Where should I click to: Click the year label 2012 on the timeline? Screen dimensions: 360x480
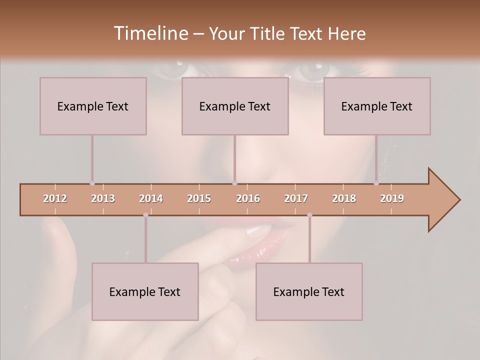55,198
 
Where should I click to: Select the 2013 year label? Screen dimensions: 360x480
103,198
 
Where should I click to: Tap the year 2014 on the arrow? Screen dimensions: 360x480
151,198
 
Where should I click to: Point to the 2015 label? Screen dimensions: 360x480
199,198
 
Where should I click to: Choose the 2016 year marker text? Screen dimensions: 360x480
248,198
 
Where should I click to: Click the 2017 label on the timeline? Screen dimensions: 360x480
296,198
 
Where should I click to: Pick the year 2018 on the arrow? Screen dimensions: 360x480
344,198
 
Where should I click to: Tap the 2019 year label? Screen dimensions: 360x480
392,198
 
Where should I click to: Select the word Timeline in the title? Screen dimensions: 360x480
150,33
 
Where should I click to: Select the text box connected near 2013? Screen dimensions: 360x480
93,106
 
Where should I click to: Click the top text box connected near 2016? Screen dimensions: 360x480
235,106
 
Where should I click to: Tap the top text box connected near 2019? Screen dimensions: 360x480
377,106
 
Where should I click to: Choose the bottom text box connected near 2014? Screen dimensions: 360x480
145,291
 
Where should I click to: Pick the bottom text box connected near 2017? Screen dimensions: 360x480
309,291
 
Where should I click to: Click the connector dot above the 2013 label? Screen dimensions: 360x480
92,183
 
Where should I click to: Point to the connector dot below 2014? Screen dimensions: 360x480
145,215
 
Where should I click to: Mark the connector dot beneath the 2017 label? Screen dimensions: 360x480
309,215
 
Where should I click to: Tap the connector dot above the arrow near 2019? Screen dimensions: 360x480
376,183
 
